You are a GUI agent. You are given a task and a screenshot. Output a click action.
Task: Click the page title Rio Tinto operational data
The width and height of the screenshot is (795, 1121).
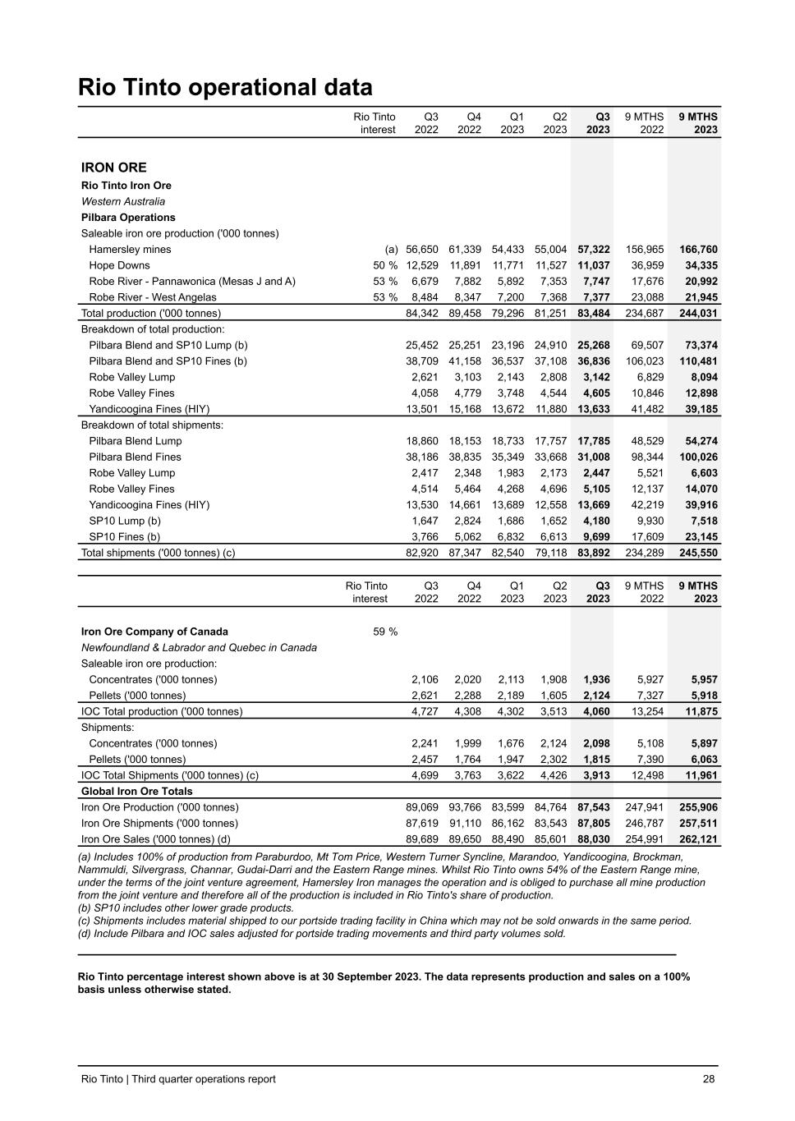coord(225,87)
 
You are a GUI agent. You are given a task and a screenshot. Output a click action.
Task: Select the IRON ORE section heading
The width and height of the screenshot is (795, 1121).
coord(114,168)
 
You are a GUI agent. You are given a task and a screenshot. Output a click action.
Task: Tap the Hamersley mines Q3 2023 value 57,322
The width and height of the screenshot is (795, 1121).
coord(594,250)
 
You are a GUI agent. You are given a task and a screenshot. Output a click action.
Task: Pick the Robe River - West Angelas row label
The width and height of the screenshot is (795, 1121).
coord(153,297)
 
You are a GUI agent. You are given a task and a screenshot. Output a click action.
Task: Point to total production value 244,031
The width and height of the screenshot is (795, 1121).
coord(698,313)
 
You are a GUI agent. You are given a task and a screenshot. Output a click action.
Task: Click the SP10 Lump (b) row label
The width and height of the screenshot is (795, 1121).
coord(125,521)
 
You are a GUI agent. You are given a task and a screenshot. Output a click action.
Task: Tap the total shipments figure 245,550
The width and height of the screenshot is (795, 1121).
coord(698,553)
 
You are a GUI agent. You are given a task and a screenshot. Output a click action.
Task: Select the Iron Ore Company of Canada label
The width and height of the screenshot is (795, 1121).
coord(154,632)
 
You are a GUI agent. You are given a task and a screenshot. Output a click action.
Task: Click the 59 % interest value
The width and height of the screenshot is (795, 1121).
coord(385,632)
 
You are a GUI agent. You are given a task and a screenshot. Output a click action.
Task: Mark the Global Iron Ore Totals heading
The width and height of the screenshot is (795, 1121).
coord(136,791)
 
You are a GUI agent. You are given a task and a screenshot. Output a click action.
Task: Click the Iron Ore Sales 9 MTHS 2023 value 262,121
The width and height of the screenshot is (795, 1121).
coord(698,839)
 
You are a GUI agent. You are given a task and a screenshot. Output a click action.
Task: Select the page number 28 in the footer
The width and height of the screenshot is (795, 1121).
coord(709,1079)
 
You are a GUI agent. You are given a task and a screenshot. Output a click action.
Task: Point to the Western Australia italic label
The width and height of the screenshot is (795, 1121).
coord(122,201)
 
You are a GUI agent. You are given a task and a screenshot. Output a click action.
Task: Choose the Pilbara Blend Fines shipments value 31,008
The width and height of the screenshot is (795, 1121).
coord(594,457)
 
